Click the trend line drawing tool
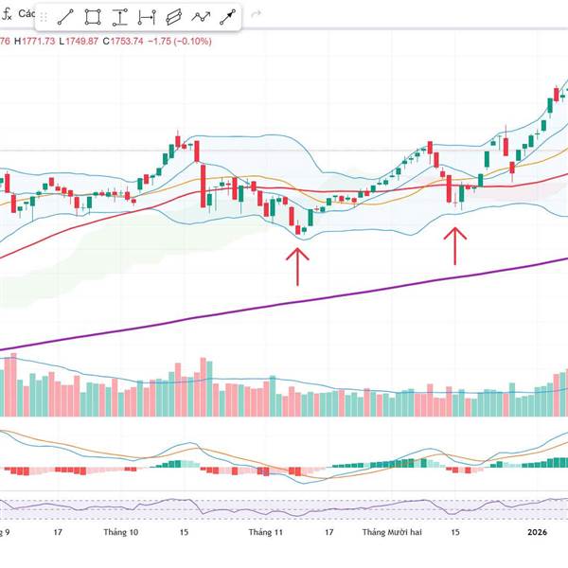click(65, 17)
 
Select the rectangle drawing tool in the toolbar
click(93, 17)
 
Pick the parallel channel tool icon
click(173, 17)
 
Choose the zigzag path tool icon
click(201, 17)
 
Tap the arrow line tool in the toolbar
click(228, 17)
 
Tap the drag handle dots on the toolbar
click(42, 17)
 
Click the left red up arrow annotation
click(298, 265)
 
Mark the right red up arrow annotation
click(455, 245)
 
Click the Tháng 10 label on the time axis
click(121, 533)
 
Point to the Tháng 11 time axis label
click(266, 533)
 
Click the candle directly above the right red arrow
click(457, 196)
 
